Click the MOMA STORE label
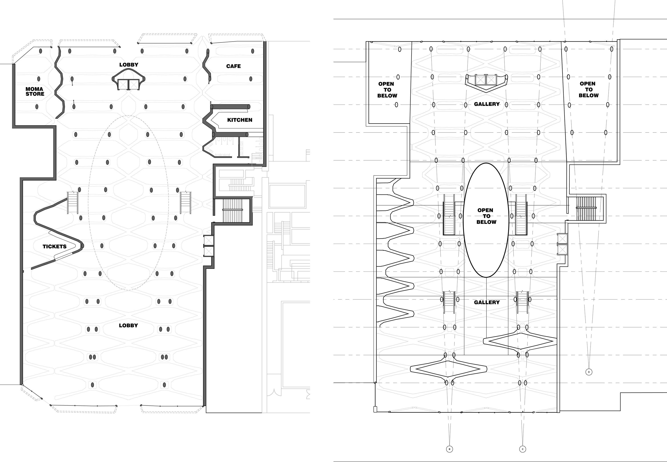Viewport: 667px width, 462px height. (x=35, y=91)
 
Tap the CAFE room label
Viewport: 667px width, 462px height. (x=233, y=66)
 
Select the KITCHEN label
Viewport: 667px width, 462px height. (x=240, y=120)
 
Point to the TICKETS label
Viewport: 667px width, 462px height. (x=54, y=247)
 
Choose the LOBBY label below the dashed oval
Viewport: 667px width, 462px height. (x=128, y=325)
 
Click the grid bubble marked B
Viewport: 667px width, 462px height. (x=450, y=449)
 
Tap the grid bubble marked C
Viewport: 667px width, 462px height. (x=522, y=449)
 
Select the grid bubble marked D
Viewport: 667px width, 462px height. (x=589, y=372)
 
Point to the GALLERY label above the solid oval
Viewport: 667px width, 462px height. (x=487, y=104)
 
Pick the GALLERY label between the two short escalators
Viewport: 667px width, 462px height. (x=487, y=302)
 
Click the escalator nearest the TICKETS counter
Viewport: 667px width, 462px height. (x=73, y=203)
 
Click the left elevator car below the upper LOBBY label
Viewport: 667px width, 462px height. (x=123, y=84)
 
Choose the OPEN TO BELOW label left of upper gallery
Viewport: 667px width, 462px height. (x=387, y=90)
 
